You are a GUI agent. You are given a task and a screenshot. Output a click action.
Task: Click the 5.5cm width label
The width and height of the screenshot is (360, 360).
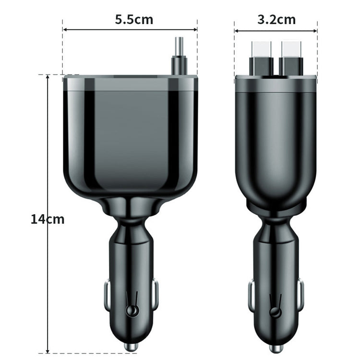click(x=133, y=20)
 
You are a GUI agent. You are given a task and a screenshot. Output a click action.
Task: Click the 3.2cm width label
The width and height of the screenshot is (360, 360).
click(x=276, y=20)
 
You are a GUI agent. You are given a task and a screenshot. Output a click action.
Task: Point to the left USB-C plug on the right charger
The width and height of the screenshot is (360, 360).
click(x=262, y=58)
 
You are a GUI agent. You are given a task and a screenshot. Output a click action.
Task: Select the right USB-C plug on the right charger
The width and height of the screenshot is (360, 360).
click(x=290, y=58)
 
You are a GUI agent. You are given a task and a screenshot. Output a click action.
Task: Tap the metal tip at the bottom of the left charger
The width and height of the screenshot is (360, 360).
click(x=131, y=346)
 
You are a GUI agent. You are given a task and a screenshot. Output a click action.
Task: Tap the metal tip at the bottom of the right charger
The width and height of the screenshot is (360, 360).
click(x=276, y=348)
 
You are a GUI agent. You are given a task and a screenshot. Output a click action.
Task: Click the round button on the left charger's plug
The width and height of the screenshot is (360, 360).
click(x=130, y=312)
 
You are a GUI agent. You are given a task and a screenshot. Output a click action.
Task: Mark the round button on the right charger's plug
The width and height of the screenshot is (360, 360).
click(x=275, y=312)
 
